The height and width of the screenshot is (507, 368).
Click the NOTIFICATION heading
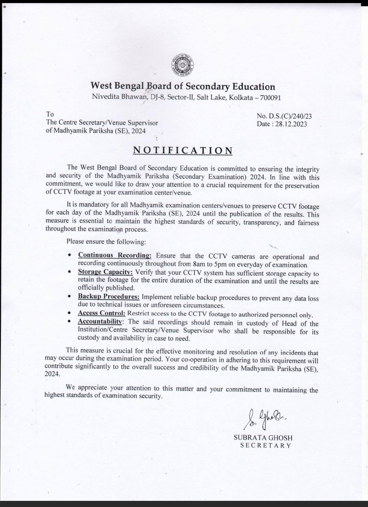(x=183, y=150)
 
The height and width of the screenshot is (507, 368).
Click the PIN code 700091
(x=270, y=98)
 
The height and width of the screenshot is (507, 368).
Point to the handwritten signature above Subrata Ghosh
(x=264, y=419)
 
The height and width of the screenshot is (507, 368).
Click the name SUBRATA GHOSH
(x=263, y=438)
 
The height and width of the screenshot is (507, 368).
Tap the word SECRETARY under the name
(x=266, y=446)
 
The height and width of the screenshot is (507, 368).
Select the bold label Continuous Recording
(x=114, y=255)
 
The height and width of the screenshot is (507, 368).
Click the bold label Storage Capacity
(x=105, y=272)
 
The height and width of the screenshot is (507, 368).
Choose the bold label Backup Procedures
(x=108, y=297)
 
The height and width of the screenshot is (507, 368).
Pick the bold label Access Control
(x=101, y=313)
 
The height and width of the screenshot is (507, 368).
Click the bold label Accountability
(x=100, y=321)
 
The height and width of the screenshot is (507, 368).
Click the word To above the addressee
(x=50, y=114)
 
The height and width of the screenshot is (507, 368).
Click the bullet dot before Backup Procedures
(x=70, y=297)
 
